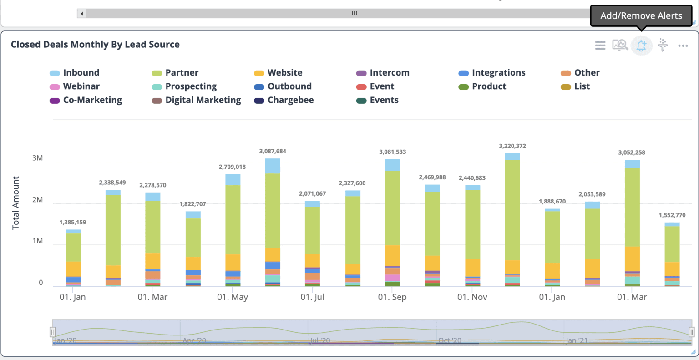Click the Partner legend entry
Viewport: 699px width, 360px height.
pyautogui.click(x=182, y=73)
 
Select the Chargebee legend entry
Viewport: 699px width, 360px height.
pyautogui.click(x=290, y=100)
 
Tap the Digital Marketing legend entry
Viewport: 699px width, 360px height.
pyautogui.click(x=203, y=100)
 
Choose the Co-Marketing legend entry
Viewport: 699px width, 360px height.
pyautogui.click(x=92, y=100)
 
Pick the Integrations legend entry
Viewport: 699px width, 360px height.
pyautogui.click(x=498, y=73)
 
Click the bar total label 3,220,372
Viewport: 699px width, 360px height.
pyautogui.click(x=512, y=146)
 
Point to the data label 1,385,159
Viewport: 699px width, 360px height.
pyautogui.click(x=73, y=223)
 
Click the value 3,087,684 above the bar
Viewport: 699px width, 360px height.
pyautogui.click(x=273, y=151)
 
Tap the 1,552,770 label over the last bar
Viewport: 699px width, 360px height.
pyautogui.click(x=672, y=215)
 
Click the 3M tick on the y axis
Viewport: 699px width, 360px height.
pyautogui.click(x=37, y=158)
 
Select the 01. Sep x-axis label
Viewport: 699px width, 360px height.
pyautogui.click(x=392, y=297)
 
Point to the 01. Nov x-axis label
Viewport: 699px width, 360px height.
pyautogui.click(x=472, y=297)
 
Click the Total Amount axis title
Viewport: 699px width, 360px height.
pyautogui.click(x=16, y=203)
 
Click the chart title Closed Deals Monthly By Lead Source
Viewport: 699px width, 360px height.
pyautogui.click(x=95, y=45)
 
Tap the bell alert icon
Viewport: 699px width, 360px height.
pyautogui.click(x=641, y=46)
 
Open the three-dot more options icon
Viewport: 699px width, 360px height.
pyautogui.click(x=683, y=46)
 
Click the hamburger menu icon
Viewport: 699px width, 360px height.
pyautogui.click(x=600, y=46)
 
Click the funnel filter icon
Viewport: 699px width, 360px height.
pyautogui.click(x=663, y=46)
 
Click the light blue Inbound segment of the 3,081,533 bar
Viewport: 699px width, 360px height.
pyautogui.click(x=392, y=165)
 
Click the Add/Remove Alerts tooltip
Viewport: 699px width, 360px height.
pyautogui.click(x=641, y=16)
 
